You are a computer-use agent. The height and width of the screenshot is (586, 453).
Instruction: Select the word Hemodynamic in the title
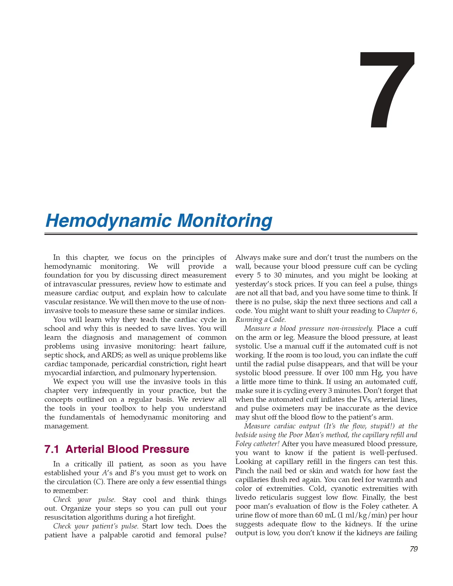coord(108,221)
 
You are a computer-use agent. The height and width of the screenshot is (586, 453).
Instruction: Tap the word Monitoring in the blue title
coord(224,221)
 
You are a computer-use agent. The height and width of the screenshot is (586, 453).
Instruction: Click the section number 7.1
coord(51,449)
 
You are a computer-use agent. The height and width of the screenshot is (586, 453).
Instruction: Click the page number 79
coord(413,549)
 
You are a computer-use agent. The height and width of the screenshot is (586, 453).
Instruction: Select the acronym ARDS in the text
coord(111,355)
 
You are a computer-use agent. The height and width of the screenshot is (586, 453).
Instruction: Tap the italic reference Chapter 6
coord(402,311)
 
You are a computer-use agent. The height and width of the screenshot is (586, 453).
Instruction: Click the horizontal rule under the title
coord(231,234)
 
